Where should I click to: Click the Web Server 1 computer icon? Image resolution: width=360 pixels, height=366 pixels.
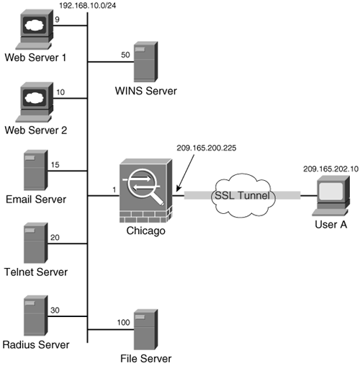(x=35, y=29)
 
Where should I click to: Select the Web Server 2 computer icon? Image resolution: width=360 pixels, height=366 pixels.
(x=35, y=102)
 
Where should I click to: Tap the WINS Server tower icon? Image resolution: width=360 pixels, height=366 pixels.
(x=145, y=62)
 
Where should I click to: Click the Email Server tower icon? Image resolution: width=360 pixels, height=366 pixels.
(x=36, y=170)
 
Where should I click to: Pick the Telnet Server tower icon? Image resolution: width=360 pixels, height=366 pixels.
(x=36, y=243)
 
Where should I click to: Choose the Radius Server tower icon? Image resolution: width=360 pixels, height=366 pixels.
(x=36, y=316)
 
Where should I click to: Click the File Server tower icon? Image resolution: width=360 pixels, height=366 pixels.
(x=145, y=329)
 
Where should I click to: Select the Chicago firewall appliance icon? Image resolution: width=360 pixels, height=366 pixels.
(x=146, y=191)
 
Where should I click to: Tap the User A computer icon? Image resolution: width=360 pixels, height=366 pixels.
(x=330, y=195)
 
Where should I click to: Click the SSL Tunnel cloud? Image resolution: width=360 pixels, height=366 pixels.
(x=243, y=195)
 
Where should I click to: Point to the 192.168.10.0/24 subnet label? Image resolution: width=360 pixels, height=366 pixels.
(x=88, y=6)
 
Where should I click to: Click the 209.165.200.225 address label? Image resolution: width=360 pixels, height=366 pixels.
(x=207, y=148)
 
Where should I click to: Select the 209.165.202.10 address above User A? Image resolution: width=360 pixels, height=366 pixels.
(x=330, y=169)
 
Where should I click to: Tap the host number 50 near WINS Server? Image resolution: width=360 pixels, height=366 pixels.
(x=125, y=55)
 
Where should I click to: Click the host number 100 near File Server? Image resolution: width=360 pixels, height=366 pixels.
(x=123, y=322)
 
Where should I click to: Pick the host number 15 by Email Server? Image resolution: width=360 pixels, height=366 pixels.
(x=55, y=165)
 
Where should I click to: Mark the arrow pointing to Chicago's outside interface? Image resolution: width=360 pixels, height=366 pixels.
(x=185, y=173)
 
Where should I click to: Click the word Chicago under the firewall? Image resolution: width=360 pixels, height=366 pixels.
(x=145, y=231)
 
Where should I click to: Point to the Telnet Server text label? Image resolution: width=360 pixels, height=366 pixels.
(x=36, y=272)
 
